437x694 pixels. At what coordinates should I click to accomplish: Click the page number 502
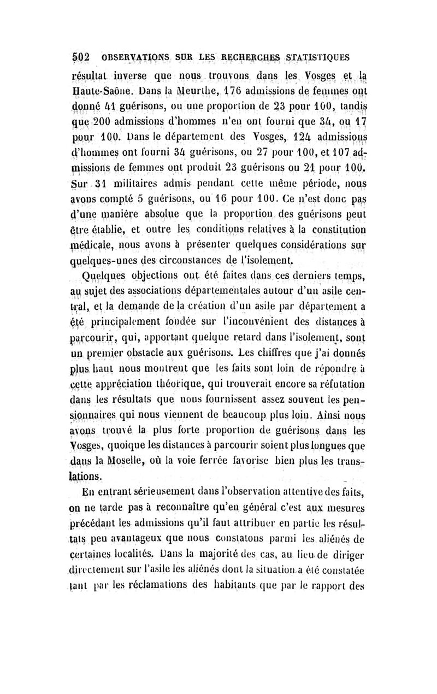[x=81, y=56]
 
